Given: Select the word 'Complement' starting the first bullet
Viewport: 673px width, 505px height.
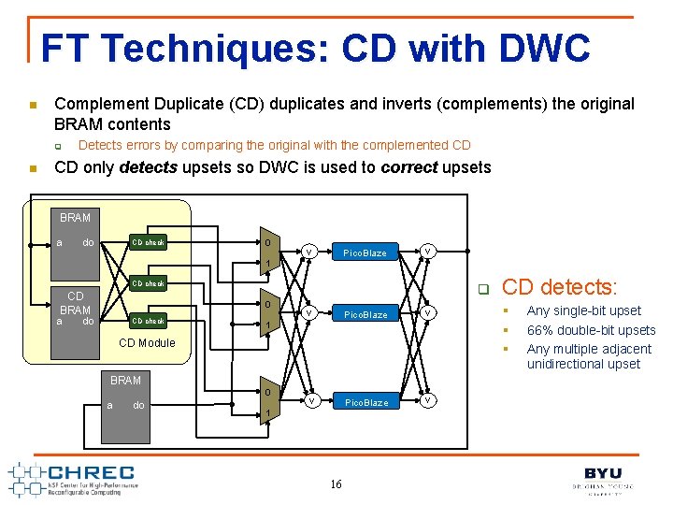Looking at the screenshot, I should [x=97, y=104].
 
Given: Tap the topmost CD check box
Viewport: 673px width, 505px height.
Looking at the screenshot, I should [x=148, y=242].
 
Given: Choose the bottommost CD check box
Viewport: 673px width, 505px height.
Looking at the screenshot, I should [x=148, y=321].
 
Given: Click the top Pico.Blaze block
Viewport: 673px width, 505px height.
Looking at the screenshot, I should [x=365, y=252].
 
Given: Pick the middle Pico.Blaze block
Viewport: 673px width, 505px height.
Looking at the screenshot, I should [x=365, y=314].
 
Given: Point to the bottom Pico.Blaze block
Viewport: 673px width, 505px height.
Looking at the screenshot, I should [x=365, y=402].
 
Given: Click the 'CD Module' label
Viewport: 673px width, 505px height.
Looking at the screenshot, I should [x=147, y=343].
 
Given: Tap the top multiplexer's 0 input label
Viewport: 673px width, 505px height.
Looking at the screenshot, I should [x=267, y=243].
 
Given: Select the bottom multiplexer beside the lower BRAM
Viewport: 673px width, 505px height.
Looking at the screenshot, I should [x=267, y=402].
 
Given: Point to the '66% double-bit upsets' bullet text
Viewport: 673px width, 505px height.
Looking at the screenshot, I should [x=591, y=330].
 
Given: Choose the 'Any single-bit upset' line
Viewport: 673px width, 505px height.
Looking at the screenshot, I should [x=583, y=311].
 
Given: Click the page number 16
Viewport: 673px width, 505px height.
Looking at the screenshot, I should [x=336, y=483].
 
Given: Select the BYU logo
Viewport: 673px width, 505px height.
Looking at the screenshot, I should [x=603, y=478].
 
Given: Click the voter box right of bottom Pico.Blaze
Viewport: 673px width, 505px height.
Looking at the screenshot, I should [x=427, y=400].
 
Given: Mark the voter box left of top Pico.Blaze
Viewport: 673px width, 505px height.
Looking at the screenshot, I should [x=308, y=251].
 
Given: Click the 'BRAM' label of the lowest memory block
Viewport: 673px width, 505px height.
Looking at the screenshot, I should [x=125, y=381].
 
